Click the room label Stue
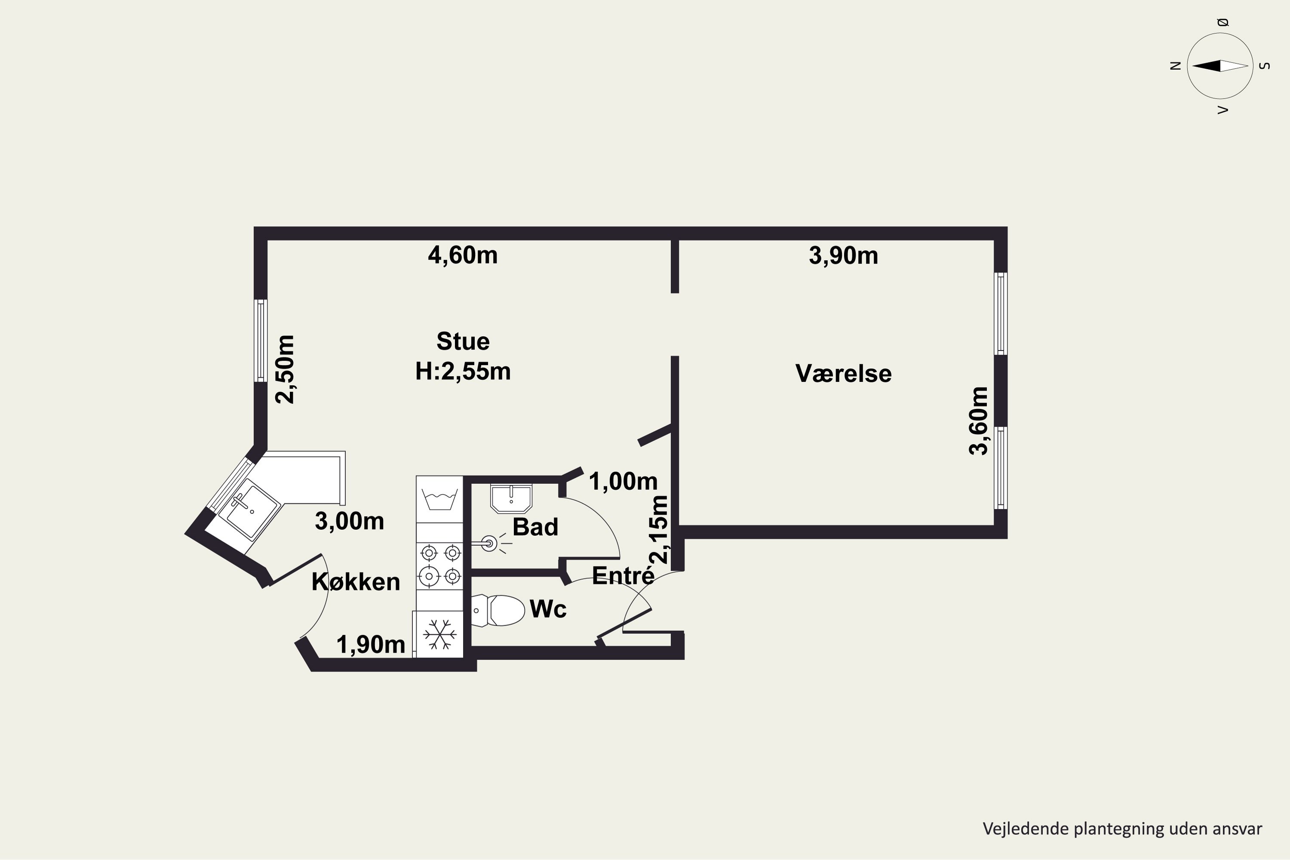[x=463, y=341]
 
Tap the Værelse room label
[x=844, y=374]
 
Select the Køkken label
[x=356, y=581]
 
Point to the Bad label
[x=535, y=526]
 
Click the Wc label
[x=548, y=609]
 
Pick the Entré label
[x=623, y=575]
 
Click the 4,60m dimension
[x=463, y=255]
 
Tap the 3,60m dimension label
[x=979, y=421]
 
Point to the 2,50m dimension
[x=285, y=369]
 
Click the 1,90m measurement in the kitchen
[x=371, y=645]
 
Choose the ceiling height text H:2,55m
[x=463, y=372]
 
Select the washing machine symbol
[x=439, y=499]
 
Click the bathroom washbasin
[x=511, y=498]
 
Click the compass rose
[x=1220, y=66]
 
